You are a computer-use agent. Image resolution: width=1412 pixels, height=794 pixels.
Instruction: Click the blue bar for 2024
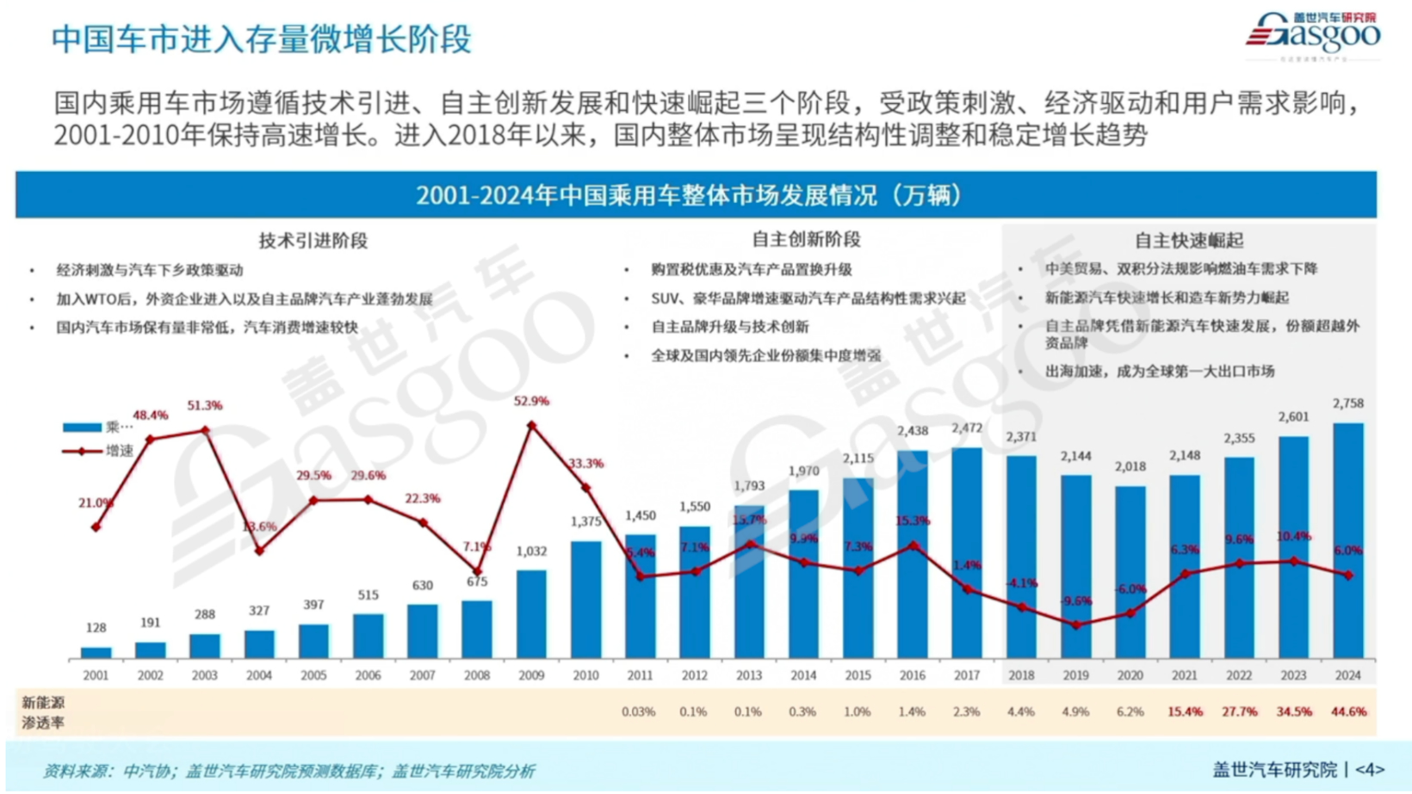click(x=1347, y=542)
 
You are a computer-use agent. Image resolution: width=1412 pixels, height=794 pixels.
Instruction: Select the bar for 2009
click(x=531, y=614)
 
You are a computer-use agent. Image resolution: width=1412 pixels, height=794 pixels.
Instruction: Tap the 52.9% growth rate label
click(x=531, y=401)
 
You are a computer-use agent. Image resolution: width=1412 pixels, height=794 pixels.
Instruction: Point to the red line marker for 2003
click(x=205, y=430)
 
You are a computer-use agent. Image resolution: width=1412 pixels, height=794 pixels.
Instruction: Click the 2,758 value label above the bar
click(x=1347, y=403)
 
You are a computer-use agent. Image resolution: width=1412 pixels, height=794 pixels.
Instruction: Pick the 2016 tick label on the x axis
click(x=912, y=676)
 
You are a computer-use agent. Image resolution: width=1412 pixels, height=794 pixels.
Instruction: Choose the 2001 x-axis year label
click(x=96, y=676)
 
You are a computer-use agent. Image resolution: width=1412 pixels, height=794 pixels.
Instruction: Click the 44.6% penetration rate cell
click(x=1348, y=712)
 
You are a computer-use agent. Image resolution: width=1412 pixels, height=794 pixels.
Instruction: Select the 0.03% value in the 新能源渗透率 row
click(x=639, y=712)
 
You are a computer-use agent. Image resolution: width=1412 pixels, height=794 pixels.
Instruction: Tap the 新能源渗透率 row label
click(x=43, y=713)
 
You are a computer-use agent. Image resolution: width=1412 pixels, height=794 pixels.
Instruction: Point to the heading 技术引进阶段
click(x=313, y=241)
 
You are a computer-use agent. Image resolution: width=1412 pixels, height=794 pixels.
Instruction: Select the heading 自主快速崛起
click(x=1188, y=241)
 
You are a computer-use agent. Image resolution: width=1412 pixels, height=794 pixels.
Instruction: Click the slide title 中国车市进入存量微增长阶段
click(x=262, y=40)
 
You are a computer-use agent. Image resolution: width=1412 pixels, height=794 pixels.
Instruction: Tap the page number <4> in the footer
click(x=1369, y=770)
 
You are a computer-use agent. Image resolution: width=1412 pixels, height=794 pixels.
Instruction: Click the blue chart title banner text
click(x=689, y=195)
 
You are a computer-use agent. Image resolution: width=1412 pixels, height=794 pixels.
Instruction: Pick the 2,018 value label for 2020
click(x=1130, y=467)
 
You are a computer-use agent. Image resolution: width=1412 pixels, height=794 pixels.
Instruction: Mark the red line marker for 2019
click(x=1076, y=625)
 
